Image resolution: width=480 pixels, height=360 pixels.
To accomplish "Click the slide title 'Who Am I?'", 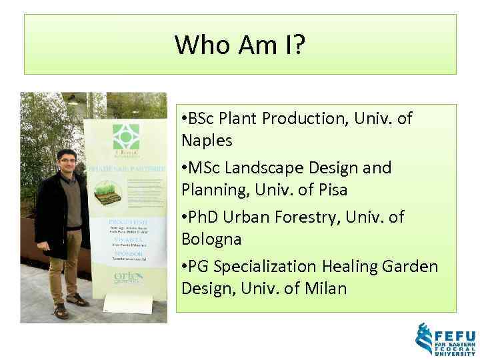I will tap(240, 45).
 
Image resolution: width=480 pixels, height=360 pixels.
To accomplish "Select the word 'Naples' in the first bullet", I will tap(207, 141).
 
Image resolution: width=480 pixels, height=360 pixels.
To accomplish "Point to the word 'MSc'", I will tap(204, 168).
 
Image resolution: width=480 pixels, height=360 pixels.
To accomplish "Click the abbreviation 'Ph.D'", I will tap(205, 217).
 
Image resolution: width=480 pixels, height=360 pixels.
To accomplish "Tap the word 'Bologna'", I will tap(211, 239).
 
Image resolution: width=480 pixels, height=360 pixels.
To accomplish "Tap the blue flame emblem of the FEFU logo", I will tap(423, 339).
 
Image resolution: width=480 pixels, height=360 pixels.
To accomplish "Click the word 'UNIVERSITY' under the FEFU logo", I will tap(455, 353).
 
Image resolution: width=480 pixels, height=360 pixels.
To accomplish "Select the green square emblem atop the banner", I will tap(123, 135).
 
